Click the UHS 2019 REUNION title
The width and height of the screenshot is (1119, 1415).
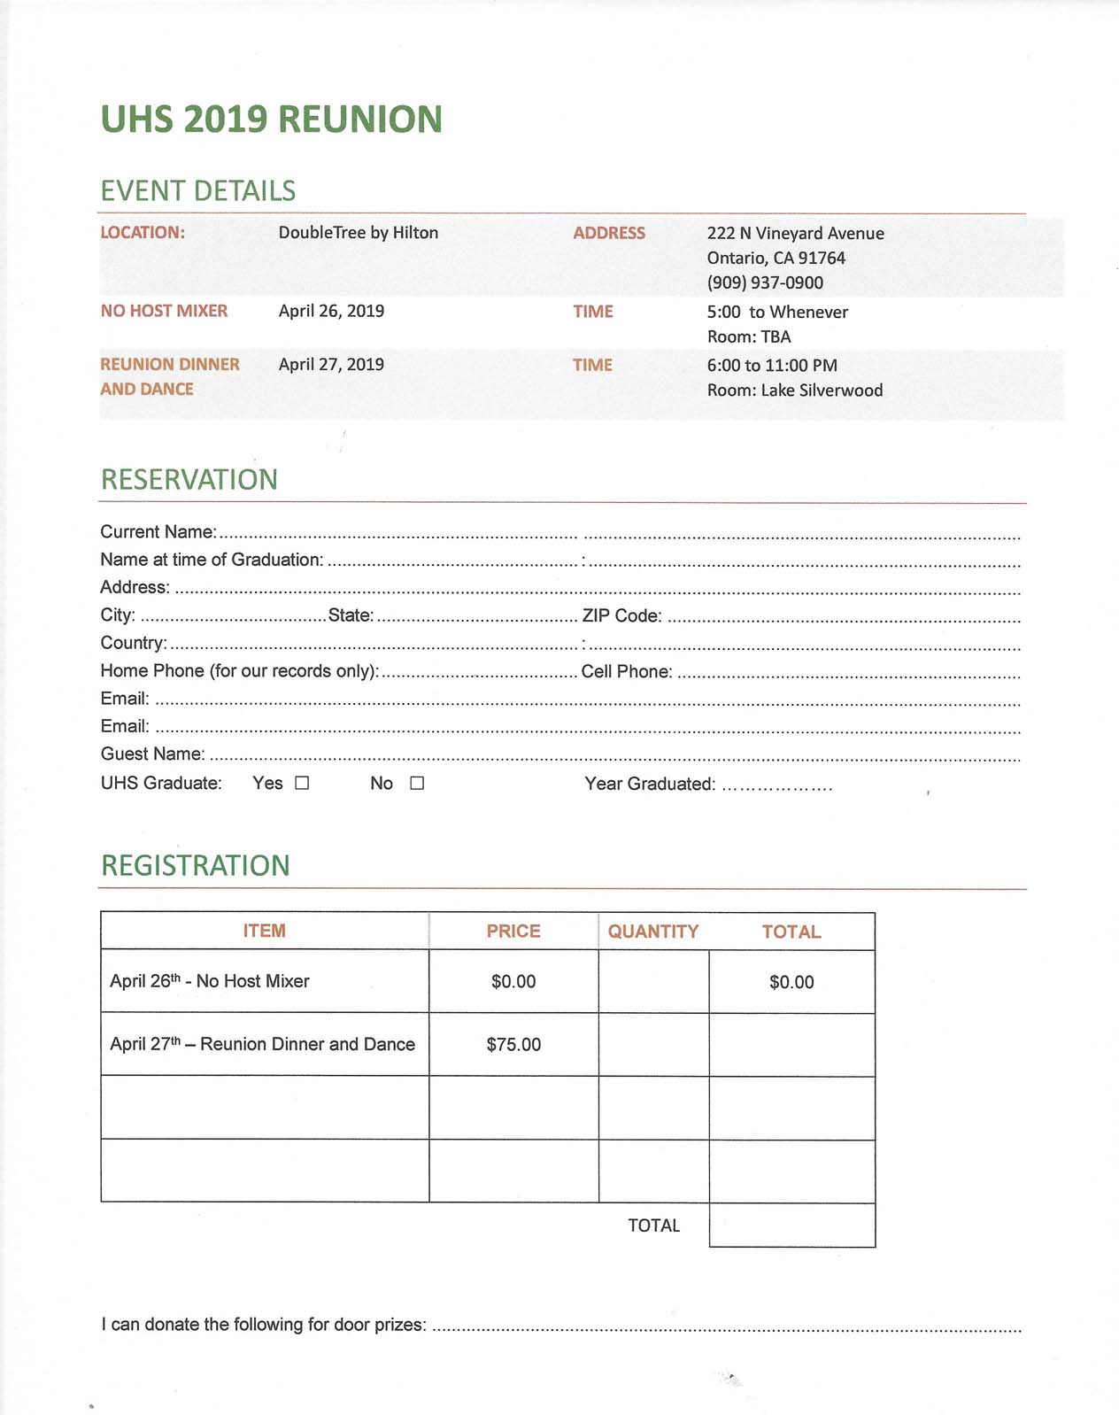pos(271,120)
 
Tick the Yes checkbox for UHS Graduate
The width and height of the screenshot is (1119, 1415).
pos(302,783)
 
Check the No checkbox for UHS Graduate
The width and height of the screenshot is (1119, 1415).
pos(417,783)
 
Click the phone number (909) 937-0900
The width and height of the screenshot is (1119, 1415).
pos(765,282)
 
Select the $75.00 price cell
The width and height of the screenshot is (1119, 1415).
pos(513,1044)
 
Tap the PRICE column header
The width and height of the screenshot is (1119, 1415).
pos(513,931)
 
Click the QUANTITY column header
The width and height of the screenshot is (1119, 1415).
pos(653,932)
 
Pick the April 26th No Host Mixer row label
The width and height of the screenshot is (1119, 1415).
pos(210,981)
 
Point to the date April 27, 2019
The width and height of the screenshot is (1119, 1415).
pos(331,364)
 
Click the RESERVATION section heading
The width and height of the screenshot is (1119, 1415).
pos(189,479)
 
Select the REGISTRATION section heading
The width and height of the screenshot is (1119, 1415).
pos(196,865)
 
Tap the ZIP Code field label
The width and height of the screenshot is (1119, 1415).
pos(621,615)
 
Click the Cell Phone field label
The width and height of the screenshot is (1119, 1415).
pos(627,671)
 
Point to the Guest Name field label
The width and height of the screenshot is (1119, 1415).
pos(152,754)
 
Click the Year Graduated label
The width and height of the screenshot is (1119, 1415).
pos(650,784)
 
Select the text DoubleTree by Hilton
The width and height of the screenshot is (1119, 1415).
pos(359,233)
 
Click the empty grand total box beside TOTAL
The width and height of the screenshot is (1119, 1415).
pos(791,1225)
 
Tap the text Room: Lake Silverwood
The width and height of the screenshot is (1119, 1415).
pos(795,390)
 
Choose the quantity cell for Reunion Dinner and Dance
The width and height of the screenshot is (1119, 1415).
pos(653,1044)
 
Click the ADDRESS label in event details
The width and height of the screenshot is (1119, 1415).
pos(609,233)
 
